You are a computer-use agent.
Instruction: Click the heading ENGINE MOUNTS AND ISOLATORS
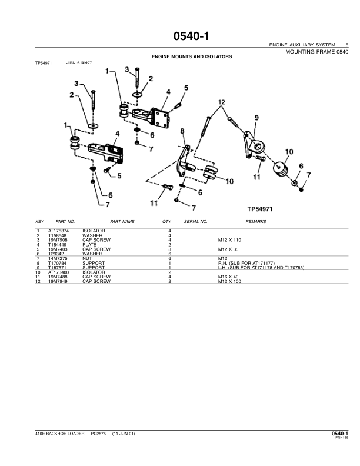[192, 57]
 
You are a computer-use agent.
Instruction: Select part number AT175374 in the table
[59, 230]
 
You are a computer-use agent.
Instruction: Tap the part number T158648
[58, 235]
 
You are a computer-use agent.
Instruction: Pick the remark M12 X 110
[230, 239]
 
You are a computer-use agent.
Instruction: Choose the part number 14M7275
[58, 258]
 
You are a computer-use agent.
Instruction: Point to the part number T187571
[58, 268]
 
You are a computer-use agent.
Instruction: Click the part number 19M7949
[58, 282]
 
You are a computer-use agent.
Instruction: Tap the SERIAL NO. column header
[196, 222]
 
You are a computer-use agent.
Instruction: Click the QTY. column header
[166, 222]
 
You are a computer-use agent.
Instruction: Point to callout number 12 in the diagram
[221, 102]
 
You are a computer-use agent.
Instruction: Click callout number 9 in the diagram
[256, 118]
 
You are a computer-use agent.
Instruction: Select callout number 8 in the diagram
[182, 131]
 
